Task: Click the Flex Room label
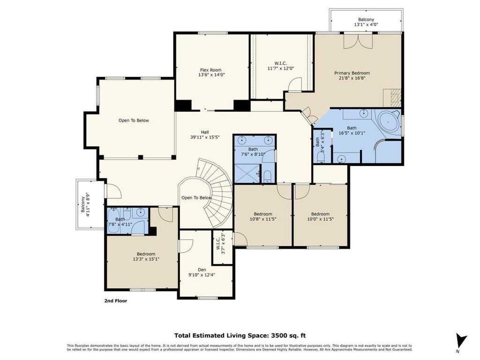[x=210, y=70]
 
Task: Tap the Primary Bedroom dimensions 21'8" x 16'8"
[x=352, y=78]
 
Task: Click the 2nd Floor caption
[x=116, y=301]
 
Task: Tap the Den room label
[x=202, y=270]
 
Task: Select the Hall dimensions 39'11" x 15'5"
[x=205, y=137]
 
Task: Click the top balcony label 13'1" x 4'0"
[x=366, y=24]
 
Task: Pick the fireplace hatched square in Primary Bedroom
[x=392, y=98]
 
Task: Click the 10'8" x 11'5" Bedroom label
[x=263, y=217]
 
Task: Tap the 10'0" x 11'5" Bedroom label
[x=320, y=217]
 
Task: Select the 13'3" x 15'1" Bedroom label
[x=146, y=256]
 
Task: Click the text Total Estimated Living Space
[x=222, y=336]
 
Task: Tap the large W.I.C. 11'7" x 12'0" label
[x=281, y=66]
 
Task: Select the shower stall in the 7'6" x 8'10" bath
[x=247, y=173]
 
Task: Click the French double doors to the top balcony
[x=358, y=41]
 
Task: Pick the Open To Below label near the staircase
[x=196, y=198]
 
